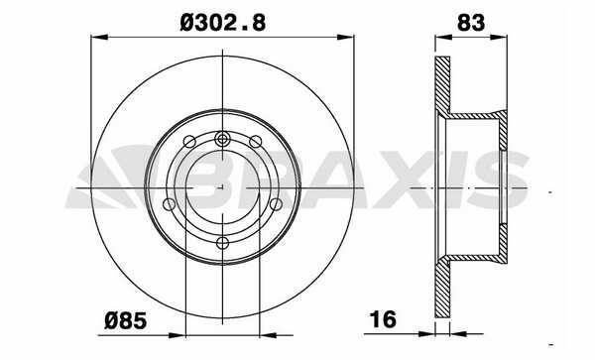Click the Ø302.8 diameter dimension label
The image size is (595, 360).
223,23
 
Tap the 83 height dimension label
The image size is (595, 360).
471,23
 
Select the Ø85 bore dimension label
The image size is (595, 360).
126,321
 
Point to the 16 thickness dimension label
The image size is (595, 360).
383,319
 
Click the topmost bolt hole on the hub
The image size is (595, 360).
222,139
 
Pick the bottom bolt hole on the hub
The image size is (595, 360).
222,243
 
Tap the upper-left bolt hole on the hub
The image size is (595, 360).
189,142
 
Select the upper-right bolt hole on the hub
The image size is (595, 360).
256,142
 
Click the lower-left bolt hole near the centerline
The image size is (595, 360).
169,204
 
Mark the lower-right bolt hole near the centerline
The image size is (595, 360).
277,204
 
